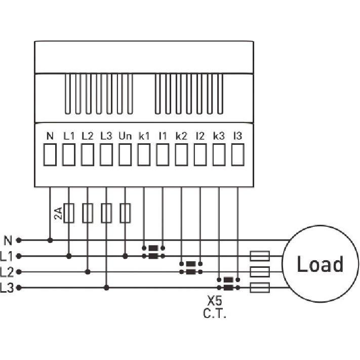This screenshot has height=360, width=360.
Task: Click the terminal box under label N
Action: (x=50, y=154)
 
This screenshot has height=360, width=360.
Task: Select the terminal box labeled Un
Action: (x=125, y=154)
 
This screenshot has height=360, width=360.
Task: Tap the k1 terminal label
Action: (x=144, y=136)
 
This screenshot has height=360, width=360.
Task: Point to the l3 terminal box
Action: (x=238, y=154)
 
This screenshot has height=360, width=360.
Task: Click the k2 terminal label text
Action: (x=181, y=136)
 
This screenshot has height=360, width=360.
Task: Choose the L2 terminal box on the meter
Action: (x=88, y=154)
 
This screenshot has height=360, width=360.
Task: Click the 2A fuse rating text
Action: (x=58, y=213)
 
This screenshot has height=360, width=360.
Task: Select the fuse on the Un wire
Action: (x=125, y=213)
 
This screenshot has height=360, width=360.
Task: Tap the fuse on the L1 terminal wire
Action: (x=69, y=213)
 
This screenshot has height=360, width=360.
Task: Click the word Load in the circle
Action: (x=320, y=264)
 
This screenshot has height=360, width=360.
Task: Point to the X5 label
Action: (x=215, y=301)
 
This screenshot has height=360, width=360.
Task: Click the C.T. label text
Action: (x=215, y=313)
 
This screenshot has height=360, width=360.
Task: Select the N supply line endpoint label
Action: (x=8, y=241)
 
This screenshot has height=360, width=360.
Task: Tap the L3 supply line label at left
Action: (x=7, y=288)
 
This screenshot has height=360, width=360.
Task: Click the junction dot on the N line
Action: (x=50, y=241)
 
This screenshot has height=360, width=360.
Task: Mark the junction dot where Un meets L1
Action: (x=125, y=256)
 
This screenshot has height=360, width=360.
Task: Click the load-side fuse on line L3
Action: (x=260, y=288)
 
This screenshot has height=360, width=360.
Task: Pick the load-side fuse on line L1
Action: (x=260, y=256)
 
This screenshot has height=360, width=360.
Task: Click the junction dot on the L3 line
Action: (x=106, y=288)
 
